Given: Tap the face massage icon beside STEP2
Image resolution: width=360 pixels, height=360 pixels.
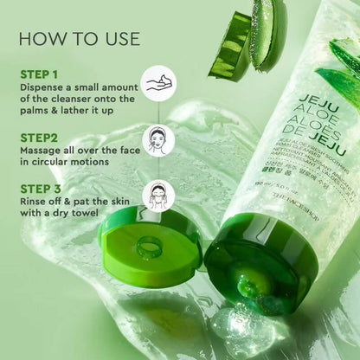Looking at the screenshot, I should pos(160,139).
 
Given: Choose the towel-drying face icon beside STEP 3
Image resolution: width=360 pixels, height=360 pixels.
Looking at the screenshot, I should pos(159,193).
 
